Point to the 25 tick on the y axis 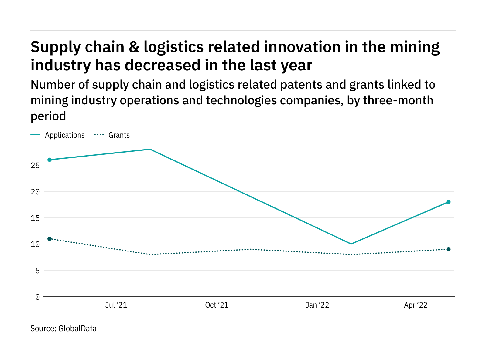pyautogui.click(x=35, y=165)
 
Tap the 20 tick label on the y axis pyautogui.click(x=35, y=192)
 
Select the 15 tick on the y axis pyautogui.click(x=35, y=218)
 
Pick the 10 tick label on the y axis pyautogui.click(x=35, y=244)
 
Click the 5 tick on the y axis pyautogui.click(x=37, y=271)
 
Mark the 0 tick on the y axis pyautogui.click(x=37, y=297)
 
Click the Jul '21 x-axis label pyautogui.click(x=116, y=305)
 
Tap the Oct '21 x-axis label pyautogui.click(x=217, y=305)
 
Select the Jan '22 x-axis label pyautogui.click(x=317, y=305)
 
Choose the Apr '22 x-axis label pyautogui.click(x=416, y=305)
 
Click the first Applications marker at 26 pyautogui.click(x=50, y=160)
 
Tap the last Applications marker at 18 pyautogui.click(x=448, y=202)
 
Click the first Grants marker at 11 pyautogui.click(x=50, y=239)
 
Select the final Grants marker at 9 pyautogui.click(x=448, y=249)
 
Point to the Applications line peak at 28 pyautogui.click(x=150, y=149)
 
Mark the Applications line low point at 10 pyautogui.click(x=351, y=244)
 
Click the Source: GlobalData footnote pyautogui.click(x=63, y=329)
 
